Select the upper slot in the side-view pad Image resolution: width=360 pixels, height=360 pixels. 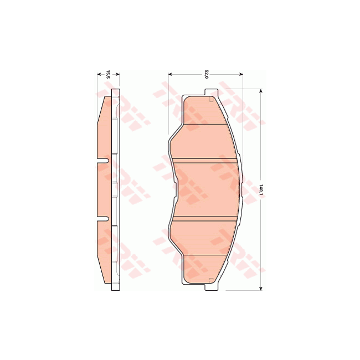click(103, 162)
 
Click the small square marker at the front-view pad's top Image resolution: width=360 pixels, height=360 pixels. click(211, 100)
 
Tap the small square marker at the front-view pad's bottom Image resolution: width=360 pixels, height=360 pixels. click(211, 279)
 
